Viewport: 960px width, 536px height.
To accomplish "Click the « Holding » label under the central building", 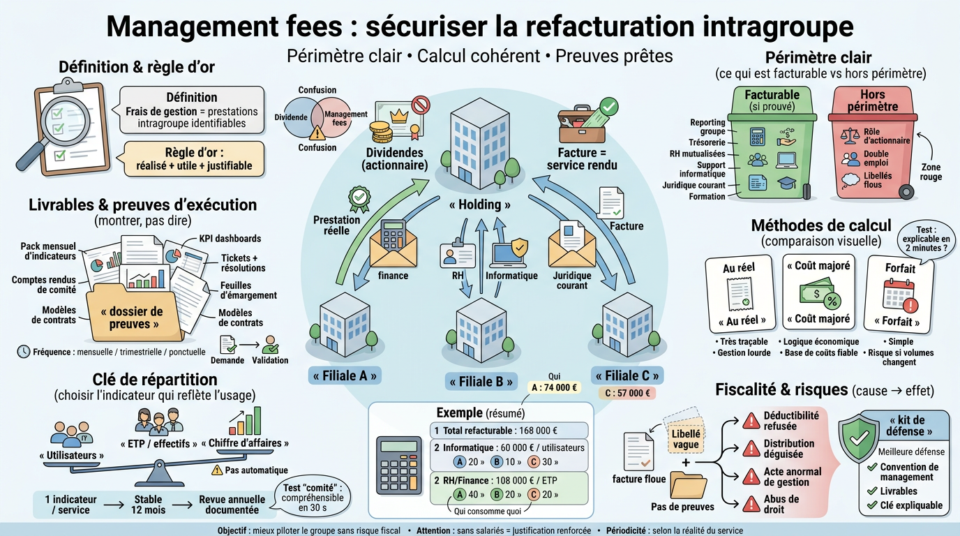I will [x=479, y=204].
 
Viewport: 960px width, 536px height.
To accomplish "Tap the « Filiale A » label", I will [x=345, y=375].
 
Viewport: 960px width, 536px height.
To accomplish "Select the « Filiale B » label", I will [x=481, y=382].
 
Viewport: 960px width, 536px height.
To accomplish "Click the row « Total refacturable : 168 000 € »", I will [x=508, y=431].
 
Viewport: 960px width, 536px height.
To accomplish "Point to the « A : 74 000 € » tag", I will [x=554, y=388].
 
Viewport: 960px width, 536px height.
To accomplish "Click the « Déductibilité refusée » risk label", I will [x=790, y=421].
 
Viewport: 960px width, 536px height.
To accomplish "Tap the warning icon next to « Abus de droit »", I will [x=751, y=504].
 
